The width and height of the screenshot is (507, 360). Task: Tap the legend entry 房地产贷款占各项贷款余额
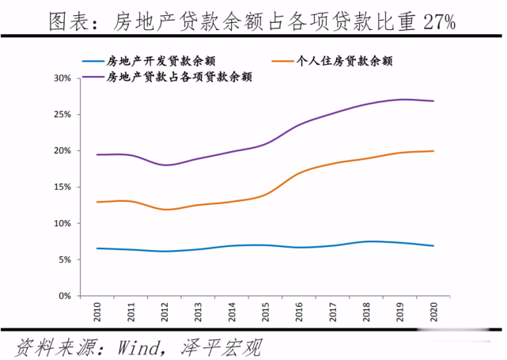tap(179, 77)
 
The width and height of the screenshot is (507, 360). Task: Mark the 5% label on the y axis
tap(63, 260)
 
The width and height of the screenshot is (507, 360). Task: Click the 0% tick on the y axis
tap(63, 296)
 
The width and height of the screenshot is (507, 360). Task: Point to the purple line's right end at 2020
tap(433, 101)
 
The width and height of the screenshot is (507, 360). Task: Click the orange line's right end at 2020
tap(433, 151)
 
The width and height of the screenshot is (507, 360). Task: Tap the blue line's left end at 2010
tap(96, 248)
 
